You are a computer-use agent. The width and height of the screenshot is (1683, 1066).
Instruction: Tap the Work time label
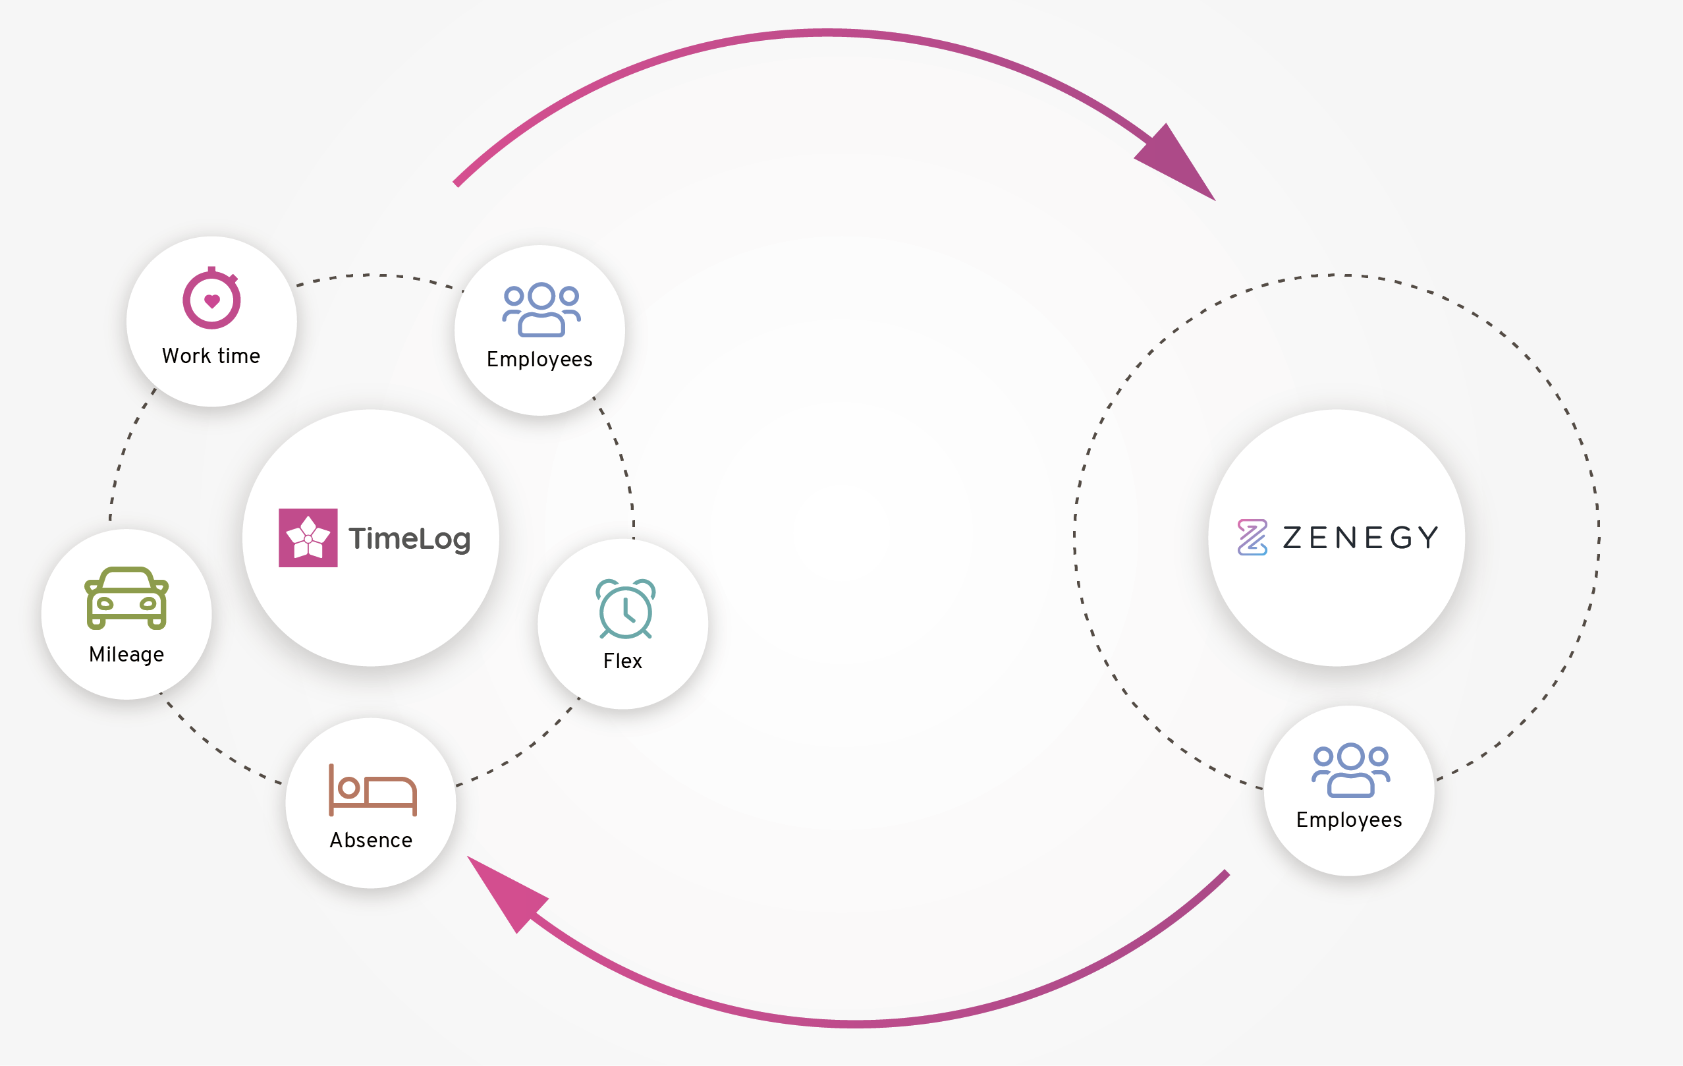point(211,356)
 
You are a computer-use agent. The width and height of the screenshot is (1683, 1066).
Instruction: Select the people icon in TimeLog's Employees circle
point(541,310)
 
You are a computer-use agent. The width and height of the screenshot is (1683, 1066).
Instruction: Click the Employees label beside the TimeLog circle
point(539,359)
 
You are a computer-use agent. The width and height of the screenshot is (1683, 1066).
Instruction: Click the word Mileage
point(126,654)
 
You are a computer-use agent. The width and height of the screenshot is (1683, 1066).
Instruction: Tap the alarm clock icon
point(626,609)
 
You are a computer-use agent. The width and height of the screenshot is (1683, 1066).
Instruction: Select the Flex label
point(622,661)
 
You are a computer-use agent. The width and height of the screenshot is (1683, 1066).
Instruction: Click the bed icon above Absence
point(373,790)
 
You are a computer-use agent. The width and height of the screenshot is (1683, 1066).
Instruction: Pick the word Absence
point(371,840)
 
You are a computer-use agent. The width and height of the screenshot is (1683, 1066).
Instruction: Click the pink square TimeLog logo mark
point(308,538)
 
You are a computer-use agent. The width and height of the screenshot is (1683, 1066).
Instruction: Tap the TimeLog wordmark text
point(410,539)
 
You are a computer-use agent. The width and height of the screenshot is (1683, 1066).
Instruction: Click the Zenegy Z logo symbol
point(1252,538)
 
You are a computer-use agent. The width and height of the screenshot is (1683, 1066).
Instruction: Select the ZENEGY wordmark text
point(1361,538)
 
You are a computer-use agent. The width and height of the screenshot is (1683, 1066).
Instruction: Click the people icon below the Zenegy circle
point(1351,770)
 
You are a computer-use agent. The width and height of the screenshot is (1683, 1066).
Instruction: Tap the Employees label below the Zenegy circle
point(1349,820)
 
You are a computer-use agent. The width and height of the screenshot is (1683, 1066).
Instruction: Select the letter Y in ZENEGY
point(1427,538)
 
